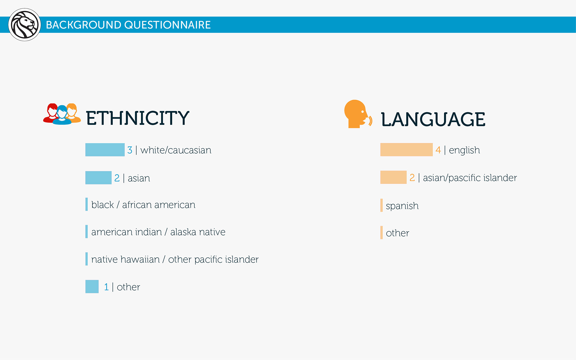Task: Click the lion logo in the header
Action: tap(25, 25)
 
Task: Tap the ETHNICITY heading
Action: tap(138, 118)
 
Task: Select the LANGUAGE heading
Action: tap(433, 119)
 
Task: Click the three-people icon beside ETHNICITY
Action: tap(62, 114)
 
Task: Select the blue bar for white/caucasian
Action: tap(105, 150)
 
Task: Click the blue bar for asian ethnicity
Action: tap(98, 178)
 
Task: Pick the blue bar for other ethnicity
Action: tap(92, 286)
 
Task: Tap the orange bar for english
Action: tap(406, 150)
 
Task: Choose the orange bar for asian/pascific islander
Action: tap(393, 177)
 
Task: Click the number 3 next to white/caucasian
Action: tap(130, 150)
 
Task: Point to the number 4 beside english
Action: tap(438, 150)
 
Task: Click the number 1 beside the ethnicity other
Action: tap(106, 287)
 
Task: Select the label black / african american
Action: tap(143, 205)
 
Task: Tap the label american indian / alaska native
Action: tap(158, 232)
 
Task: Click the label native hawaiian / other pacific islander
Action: tap(175, 259)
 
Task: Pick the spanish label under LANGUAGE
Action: tap(402, 206)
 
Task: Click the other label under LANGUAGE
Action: tap(397, 233)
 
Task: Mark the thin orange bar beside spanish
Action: tap(382, 205)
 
